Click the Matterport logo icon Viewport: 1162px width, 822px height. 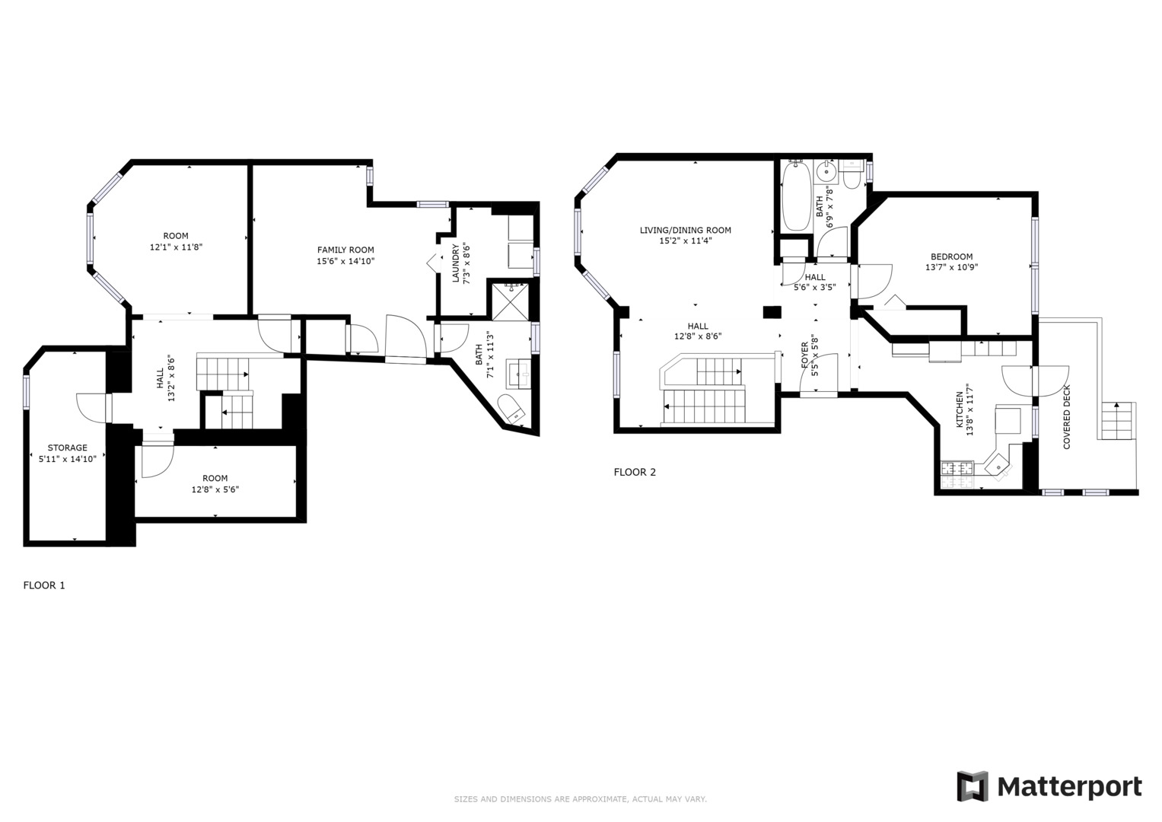click(x=972, y=786)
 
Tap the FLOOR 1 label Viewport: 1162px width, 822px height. click(x=44, y=585)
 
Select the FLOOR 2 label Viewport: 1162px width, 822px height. click(x=635, y=472)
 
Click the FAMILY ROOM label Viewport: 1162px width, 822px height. click(x=345, y=250)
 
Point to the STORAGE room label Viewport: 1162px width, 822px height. click(x=68, y=448)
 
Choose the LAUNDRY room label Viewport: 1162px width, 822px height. click(x=457, y=263)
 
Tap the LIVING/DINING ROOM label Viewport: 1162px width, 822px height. click(x=685, y=230)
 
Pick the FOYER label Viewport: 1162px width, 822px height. click(x=805, y=356)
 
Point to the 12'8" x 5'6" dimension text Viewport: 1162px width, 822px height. click(x=215, y=490)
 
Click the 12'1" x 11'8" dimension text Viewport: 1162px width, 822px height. click(x=176, y=247)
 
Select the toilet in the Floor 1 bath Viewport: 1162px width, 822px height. click(x=511, y=409)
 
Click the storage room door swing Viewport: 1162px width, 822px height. click(x=89, y=407)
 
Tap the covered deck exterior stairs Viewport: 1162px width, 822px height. click(x=1117, y=421)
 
